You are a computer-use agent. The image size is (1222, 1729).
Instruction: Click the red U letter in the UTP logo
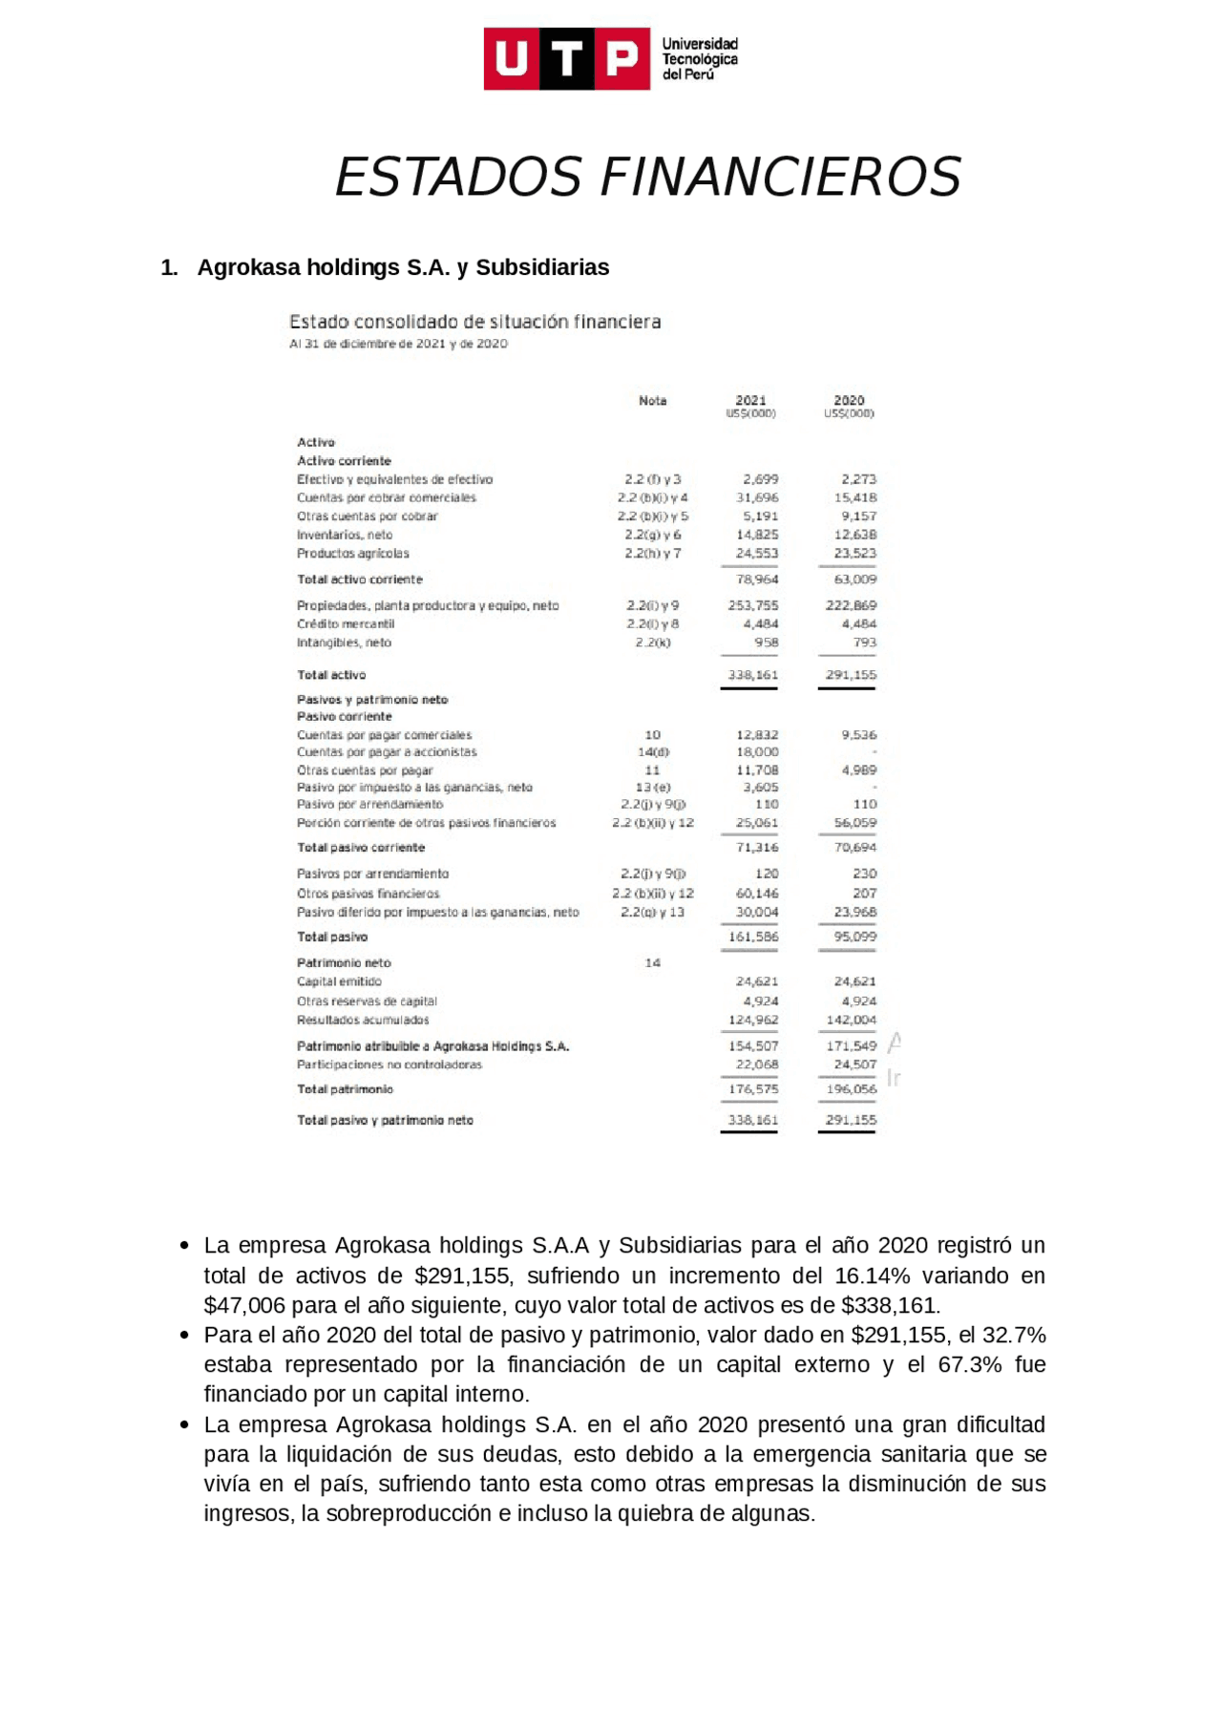click(511, 59)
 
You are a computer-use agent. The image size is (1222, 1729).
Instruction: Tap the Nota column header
click(652, 401)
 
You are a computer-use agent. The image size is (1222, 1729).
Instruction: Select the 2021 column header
click(750, 401)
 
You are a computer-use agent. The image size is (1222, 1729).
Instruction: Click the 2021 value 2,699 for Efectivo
click(760, 479)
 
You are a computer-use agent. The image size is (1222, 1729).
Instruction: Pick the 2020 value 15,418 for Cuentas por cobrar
click(854, 497)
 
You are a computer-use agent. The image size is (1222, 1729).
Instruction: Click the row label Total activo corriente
click(359, 580)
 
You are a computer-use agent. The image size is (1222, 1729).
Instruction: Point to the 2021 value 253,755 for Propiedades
click(752, 605)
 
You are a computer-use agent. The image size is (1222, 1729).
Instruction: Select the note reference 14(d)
click(652, 752)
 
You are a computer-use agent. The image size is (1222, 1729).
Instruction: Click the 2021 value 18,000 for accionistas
click(757, 752)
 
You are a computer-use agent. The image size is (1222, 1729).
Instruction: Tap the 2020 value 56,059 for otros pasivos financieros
click(854, 823)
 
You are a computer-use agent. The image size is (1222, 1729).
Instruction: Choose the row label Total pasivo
click(331, 937)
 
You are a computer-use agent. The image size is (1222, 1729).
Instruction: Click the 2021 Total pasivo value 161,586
click(752, 937)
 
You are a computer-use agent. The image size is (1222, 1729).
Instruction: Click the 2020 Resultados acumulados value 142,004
click(851, 1020)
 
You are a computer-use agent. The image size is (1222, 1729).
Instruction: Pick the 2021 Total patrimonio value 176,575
click(752, 1089)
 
